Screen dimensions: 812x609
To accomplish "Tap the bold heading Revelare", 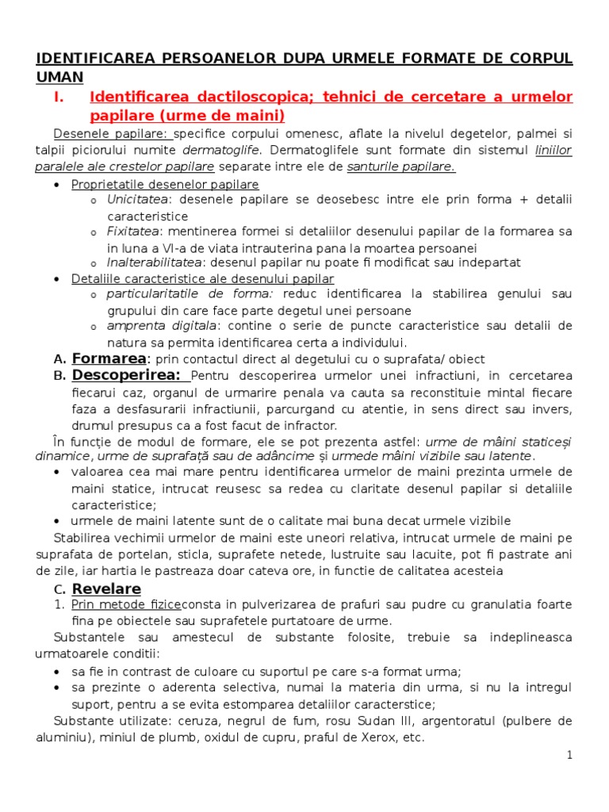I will click(x=106, y=588).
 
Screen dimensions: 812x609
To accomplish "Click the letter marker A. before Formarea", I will click(x=59, y=359).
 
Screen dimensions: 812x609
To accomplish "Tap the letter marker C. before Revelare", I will click(x=59, y=589).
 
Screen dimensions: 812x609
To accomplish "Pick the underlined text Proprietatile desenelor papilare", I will click(x=165, y=184).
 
